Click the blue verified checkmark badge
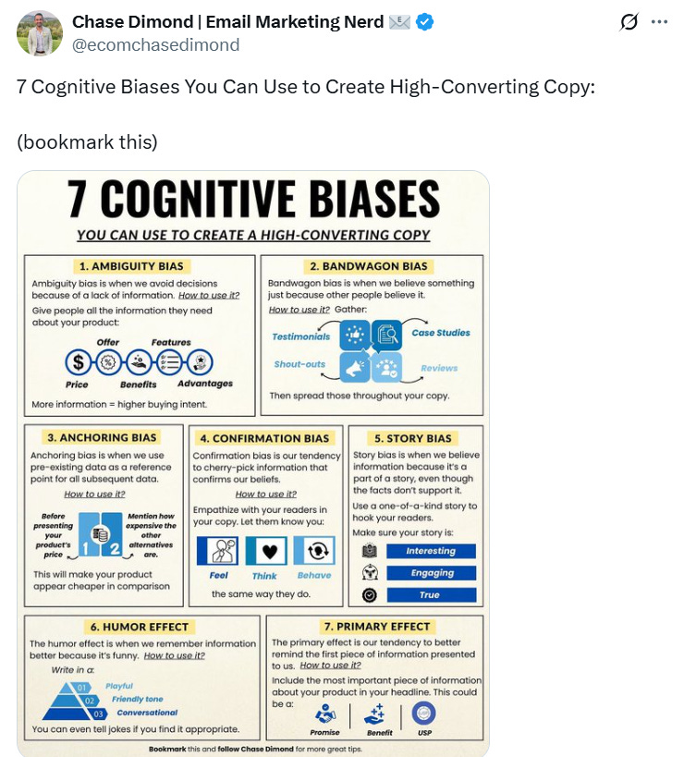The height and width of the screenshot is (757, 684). pos(424,22)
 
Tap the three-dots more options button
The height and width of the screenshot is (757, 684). pos(659,22)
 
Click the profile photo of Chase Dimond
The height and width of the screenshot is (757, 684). pos(40,34)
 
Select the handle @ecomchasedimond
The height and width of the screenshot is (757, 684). pos(155,44)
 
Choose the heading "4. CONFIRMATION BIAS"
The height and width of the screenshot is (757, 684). pos(264,438)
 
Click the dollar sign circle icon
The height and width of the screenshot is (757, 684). pos(79,362)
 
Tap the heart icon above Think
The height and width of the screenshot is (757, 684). pos(265,551)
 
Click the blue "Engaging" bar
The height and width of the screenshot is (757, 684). pos(430,573)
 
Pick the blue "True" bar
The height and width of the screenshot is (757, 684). pos(430,595)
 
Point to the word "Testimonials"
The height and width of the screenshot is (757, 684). pos(301,336)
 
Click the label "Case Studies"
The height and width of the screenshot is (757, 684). pos(441,333)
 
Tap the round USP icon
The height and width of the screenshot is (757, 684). pos(423,714)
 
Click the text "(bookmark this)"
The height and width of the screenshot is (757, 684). pos(88,142)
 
